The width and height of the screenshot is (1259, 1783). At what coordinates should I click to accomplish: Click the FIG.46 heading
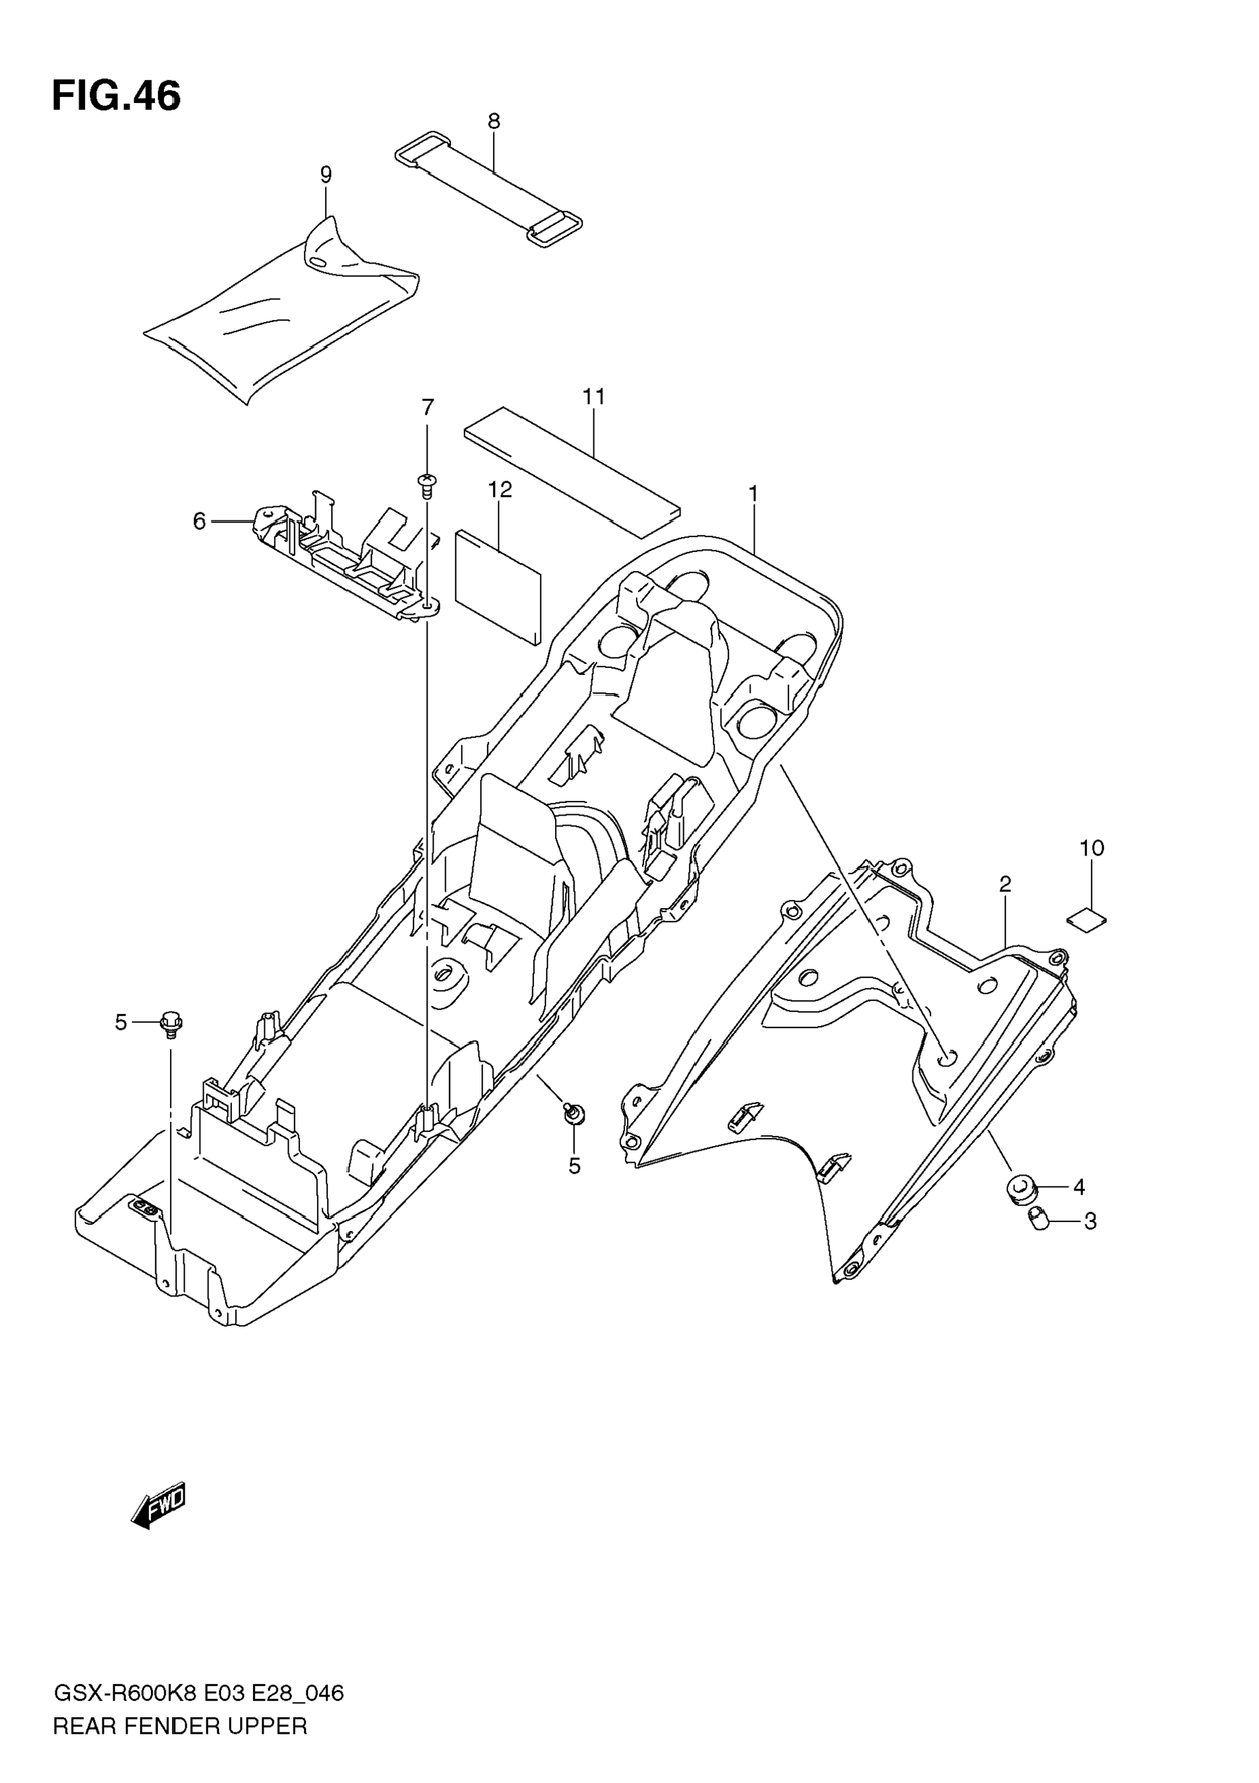117,97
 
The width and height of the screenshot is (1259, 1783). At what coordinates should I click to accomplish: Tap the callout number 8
494,121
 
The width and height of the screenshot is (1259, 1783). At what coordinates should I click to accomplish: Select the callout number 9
326,175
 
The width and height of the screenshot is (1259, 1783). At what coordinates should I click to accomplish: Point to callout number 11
594,397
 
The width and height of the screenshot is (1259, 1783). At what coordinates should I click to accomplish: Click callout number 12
500,490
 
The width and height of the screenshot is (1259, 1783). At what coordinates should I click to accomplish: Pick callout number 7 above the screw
428,408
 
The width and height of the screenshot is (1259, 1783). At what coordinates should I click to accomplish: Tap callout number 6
200,522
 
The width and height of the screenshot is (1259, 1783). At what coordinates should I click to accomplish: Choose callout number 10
1091,848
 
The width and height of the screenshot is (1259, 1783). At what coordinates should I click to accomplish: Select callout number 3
1090,1221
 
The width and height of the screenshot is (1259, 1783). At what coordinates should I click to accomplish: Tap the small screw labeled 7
426,485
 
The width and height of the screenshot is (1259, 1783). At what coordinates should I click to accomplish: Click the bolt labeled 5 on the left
171,1023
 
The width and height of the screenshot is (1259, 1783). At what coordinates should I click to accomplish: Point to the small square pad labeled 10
1086,920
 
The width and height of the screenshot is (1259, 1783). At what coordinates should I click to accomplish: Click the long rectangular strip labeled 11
572,472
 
